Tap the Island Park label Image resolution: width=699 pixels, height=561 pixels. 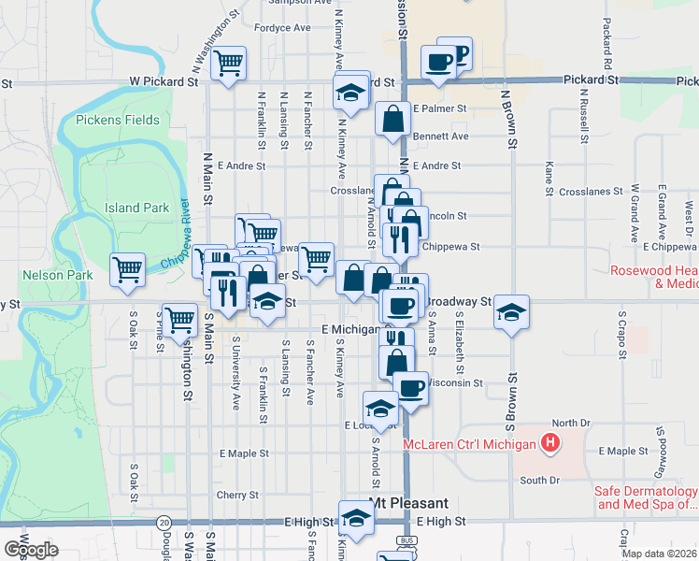pos(136,208)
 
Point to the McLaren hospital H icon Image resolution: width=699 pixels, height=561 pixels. pos(551,443)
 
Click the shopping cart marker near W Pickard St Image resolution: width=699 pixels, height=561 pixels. pos(228,65)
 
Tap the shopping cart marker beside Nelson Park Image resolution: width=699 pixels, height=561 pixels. pos(127,270)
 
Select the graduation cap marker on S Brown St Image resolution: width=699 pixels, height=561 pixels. pos(511,312)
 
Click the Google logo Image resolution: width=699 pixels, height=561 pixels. pos(31,550)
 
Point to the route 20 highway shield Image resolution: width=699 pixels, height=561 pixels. pos(164,522)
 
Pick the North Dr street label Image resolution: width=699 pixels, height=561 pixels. pos(571,423)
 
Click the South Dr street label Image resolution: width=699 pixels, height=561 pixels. pos(539,481)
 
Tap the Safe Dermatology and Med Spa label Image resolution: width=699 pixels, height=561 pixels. pos(645,497)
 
